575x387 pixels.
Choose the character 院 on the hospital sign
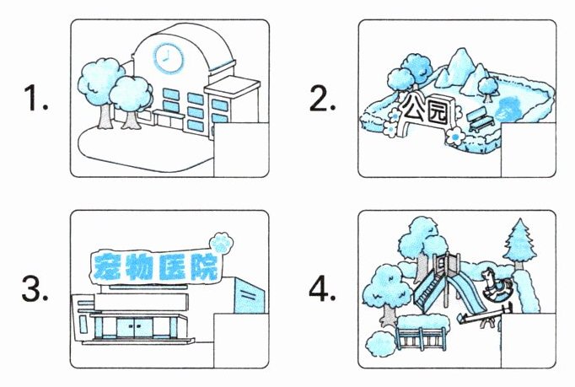pyautogui.click(x=202, y=266)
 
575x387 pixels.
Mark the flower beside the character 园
pyautogui.click(x=455, y=135)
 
